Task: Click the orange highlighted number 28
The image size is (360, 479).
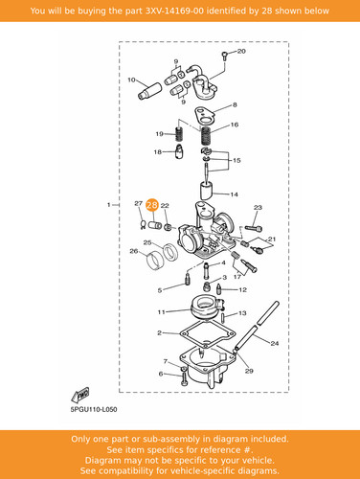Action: tap(152, 205)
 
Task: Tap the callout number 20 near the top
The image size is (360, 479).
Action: tap(241, 51)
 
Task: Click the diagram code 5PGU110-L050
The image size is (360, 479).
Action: tap(94, 409)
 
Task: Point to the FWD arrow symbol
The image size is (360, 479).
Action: tap(79, 395)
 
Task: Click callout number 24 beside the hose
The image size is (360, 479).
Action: tap(275, 344)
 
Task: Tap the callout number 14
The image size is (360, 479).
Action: tap(234, 194)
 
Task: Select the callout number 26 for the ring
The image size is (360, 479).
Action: tap(134, 251)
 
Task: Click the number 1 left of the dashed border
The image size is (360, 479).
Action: tap(109, 204)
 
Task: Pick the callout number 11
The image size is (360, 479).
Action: tap(161, 311)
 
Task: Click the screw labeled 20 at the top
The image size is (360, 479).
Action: tap(225, 57)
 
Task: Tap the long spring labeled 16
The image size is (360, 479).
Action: tap(207, 135)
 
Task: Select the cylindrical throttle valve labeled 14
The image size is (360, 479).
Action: tap(206, 191)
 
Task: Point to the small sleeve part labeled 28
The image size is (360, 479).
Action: tap(155, 224)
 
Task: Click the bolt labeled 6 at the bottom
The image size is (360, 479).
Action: tap(184, 379)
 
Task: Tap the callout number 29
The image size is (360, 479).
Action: tap(249, 371)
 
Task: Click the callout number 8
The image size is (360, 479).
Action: tap(235, 104)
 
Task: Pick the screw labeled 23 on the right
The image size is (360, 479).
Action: tap(254, 229)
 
